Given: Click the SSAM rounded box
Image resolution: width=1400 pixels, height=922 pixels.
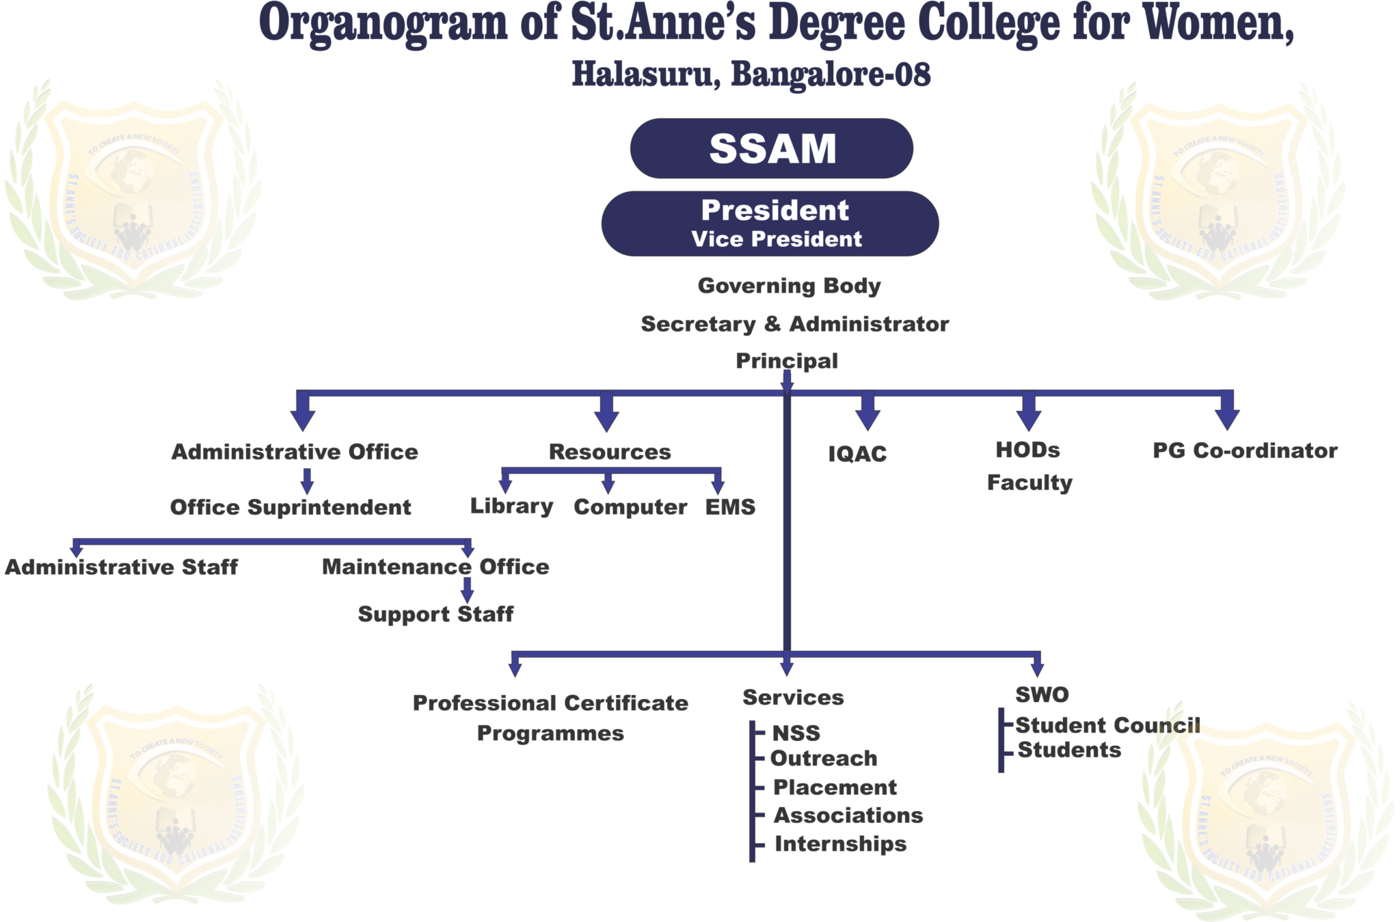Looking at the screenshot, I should (772, 148).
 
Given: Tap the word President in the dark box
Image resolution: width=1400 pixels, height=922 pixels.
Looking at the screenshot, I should (775, 211).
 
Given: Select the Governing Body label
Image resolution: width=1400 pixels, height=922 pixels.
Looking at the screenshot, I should (789, 286).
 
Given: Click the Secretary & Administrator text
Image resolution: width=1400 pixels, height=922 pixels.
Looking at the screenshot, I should (794, 324).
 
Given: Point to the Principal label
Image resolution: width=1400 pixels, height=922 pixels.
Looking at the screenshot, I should (786, 360).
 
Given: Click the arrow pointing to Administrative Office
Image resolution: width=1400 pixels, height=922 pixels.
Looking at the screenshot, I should (303, 414).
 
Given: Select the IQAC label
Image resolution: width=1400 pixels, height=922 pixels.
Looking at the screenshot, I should (857, 454).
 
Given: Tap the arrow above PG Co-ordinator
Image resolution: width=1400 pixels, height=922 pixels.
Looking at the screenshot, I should (1228, 413).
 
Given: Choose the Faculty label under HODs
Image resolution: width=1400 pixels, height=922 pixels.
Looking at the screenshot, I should (1029, 483).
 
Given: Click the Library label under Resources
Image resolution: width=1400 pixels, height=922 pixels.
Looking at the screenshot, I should (511, 506).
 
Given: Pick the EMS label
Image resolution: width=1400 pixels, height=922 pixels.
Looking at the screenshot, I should (729, 507).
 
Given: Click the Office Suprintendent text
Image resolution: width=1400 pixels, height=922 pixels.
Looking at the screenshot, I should (291, 507).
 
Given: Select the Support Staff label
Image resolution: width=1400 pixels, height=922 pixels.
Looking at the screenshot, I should (435, 614).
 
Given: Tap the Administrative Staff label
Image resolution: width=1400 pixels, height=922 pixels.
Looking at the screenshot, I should (121, 567).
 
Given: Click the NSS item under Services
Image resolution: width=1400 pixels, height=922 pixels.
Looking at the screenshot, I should (796, 733).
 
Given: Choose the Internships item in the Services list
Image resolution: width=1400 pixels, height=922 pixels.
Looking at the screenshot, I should (840, 844).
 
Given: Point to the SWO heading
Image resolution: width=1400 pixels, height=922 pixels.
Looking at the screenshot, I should (1041, 695).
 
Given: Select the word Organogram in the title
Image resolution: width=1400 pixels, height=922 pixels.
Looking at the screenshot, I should (383, 23).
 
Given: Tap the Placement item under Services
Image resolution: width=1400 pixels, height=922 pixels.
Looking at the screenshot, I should (835, 787).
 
